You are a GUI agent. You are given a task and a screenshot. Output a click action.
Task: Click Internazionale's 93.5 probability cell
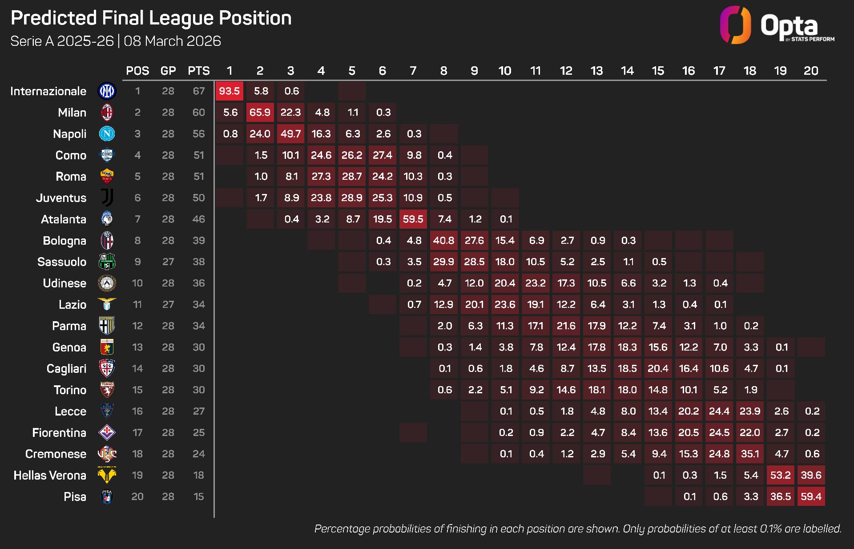[x=229, y=91]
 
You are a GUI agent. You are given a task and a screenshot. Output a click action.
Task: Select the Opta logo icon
[x=735, y=25]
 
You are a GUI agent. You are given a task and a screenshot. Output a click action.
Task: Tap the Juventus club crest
[x=107, y=198]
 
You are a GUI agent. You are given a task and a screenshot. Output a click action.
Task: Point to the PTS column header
[x=198, y=71]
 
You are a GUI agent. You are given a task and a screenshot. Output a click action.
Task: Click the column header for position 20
[x=811, y=71]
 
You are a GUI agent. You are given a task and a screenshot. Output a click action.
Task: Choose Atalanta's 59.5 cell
[x=413, y=219]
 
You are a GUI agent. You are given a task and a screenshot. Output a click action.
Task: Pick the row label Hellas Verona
[x=50, y=475]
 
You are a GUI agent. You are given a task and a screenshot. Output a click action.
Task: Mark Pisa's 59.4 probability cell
[x=811, y=497]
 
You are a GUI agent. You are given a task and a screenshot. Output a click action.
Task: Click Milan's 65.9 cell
[x=260, y=113]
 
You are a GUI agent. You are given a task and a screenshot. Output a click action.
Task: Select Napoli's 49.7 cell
[x=290, y=134]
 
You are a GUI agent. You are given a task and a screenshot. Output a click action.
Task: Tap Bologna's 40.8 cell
[x=443, y=241]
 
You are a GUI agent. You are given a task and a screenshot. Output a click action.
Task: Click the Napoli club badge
[x=107, y=133]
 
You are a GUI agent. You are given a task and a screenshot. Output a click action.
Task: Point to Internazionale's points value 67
[x=198, y=91]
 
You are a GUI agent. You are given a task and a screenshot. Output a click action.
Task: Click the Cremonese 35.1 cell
[x=750, y=454]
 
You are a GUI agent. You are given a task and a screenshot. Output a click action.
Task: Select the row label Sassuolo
[x=62, y=262]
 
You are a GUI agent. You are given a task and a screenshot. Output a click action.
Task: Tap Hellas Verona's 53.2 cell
[x=780, y=475]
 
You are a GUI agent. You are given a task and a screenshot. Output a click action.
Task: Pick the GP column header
[x=168, y=71]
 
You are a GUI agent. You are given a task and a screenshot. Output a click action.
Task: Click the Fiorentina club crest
[x=107, y=432]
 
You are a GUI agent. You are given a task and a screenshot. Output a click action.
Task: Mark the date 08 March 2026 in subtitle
[x=172, y=41]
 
